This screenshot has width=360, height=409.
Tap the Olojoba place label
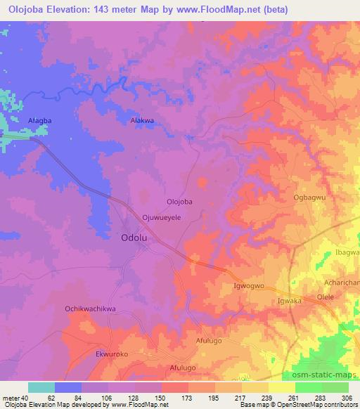(179, 202)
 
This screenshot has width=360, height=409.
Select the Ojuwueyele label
(162, 218)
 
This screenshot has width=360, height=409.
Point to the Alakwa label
(143, 121)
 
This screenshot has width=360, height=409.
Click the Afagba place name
(19, 121)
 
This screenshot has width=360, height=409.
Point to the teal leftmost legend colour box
(41, 387)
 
